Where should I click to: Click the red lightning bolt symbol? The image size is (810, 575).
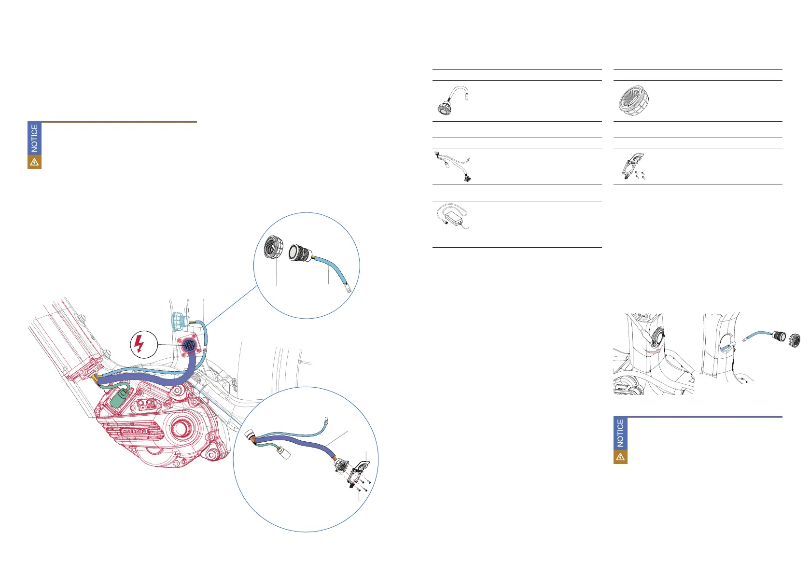139,344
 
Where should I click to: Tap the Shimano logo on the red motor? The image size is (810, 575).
134,431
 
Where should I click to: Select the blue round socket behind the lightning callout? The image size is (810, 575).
189,345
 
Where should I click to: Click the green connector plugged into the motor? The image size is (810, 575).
118,399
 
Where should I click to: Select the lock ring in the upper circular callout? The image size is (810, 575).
273,247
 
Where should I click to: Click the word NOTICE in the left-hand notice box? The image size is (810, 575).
34,138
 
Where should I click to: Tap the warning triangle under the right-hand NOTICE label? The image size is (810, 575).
620,457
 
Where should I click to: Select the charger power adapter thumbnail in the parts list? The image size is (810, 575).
452,216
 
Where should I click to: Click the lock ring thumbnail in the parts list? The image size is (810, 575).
633,100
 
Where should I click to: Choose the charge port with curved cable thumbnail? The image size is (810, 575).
453,100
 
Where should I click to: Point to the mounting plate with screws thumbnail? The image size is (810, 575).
633,167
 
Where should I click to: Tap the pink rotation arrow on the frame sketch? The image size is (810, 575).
653,351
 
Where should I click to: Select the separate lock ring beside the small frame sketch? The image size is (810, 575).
795,340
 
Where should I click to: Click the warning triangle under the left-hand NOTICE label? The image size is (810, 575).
34,162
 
